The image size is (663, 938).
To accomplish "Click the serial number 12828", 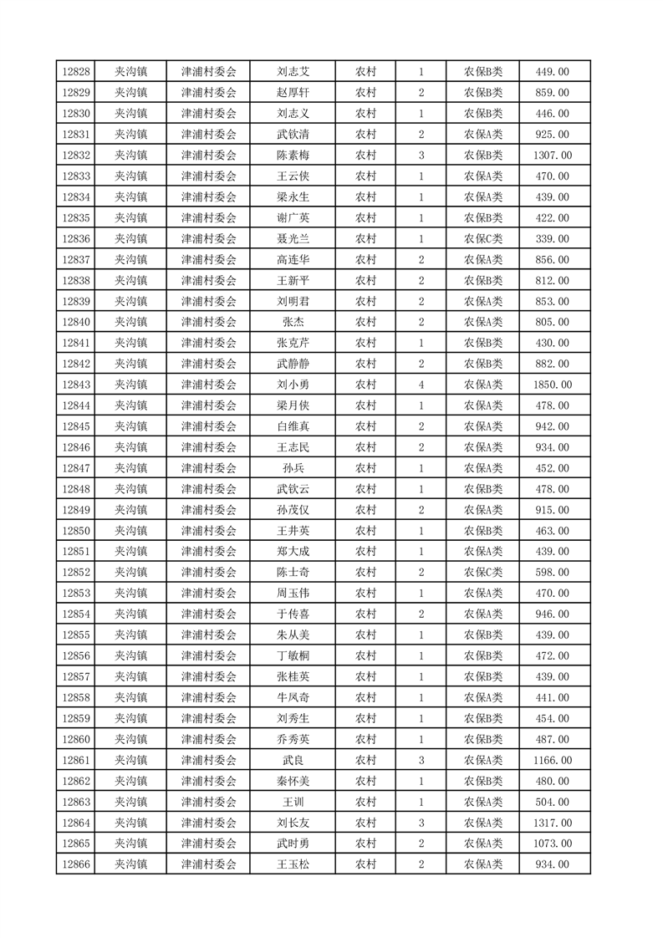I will coord(76,72).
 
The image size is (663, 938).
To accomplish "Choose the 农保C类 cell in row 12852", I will coord(483,573).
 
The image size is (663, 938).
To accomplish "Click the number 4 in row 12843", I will coord(421,385).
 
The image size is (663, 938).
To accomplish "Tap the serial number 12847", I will coord(76,468).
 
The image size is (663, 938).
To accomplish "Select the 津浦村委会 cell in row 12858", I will coord(209,697).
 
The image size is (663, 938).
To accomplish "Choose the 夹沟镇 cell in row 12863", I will coord(130,802).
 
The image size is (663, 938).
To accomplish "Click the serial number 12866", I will coord(76,864).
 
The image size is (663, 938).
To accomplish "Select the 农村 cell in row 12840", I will coord(365,322).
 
